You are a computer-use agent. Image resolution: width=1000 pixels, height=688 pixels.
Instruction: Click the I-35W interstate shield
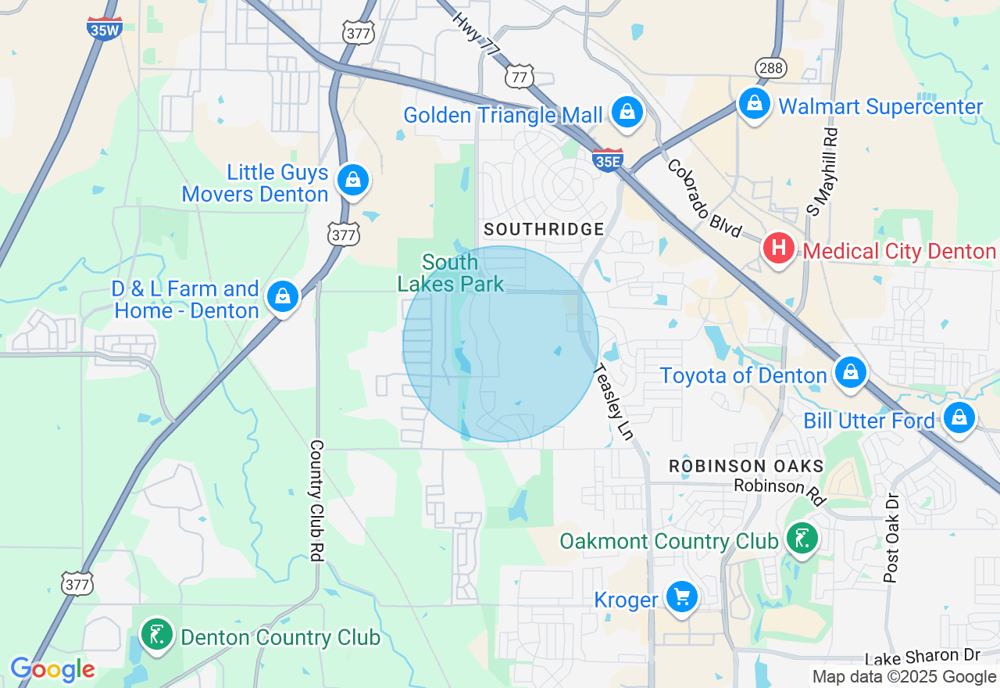click(104, 27)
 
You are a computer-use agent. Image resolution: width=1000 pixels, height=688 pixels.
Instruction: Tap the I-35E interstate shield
click(607, 159)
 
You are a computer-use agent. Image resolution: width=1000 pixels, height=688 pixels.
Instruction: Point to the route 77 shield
click(520, 76)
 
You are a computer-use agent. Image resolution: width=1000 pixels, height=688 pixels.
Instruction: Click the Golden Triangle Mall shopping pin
click(627, 113)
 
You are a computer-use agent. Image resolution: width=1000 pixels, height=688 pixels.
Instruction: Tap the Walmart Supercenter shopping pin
click(755, 103)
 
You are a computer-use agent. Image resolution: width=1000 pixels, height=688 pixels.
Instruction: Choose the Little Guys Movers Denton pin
click(353, 181)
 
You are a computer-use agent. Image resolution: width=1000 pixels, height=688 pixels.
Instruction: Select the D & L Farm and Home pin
click(283, 297)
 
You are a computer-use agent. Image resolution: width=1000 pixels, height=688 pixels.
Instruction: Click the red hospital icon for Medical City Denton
click(778, 249)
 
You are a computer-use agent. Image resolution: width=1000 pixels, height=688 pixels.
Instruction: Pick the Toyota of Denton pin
click(850, 372)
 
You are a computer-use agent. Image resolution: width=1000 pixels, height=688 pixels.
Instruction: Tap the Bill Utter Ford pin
click(959, 418)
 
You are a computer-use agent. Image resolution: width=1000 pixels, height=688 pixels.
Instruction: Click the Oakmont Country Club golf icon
click(802, 539)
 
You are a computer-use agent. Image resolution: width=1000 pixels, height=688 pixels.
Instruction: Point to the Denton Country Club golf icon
click(157, 636)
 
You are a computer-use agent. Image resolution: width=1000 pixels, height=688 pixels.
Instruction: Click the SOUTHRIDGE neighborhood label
click(544, 229)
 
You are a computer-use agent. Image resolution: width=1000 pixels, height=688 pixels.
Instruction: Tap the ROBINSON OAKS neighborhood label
click(746, 466)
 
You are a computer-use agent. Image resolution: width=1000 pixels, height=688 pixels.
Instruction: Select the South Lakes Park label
click(451, 272)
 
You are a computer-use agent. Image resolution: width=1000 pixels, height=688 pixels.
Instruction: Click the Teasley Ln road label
click(613, 402)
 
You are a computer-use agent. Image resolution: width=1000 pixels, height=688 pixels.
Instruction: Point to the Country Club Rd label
click(316, 499)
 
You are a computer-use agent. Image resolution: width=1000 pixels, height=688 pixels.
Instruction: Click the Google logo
click(52, 669)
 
